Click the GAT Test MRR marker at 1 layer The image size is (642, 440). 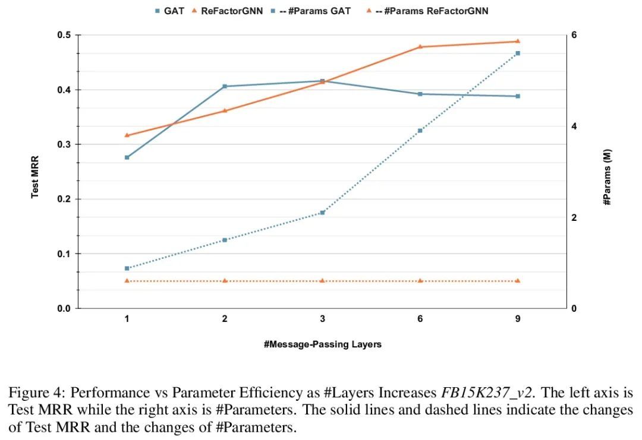(x=127, y=157)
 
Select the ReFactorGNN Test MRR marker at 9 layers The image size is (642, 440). (x=518, y=41)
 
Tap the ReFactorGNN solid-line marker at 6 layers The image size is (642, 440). (x=420, y=46)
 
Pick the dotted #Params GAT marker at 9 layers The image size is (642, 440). (x=518, y=53)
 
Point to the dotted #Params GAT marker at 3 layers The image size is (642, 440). (x=322, y=213)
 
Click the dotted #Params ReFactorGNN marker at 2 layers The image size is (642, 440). (x=225, y=280)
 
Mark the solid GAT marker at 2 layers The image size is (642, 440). (x=225, y=87)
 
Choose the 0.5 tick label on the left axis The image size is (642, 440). (x=64, y=36)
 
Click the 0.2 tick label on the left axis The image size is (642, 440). (x=64, y=200)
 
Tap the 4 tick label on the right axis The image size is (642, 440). (x=574, y=126)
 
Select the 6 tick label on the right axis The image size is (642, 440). (x=574, y=36)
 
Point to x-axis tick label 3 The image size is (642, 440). (x=322, y=319)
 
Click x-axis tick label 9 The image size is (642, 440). (x=518, y=319)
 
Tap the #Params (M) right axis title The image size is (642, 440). (x=607, y=177)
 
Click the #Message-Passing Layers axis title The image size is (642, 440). (x=323, y=344)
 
